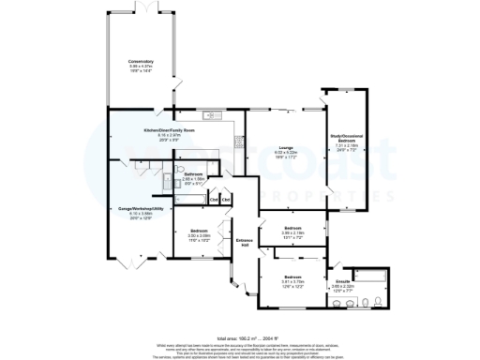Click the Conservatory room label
(x=141, y=62)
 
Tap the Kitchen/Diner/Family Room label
(x=169, y=130)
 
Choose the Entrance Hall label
(x=246, y=242)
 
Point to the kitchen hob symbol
(x=238, y=142)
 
